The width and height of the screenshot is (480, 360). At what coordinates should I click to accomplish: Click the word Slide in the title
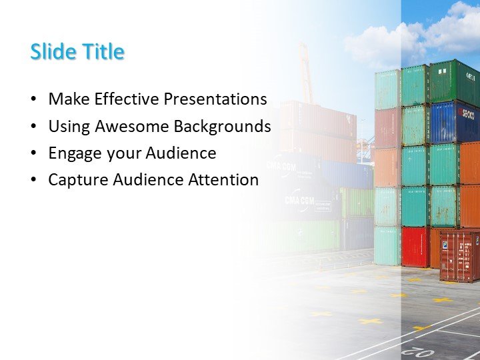pyautogui.click(x=52, y=52)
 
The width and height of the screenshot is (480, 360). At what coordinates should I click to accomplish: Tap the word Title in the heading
pyautogui.click(x=101, y=52)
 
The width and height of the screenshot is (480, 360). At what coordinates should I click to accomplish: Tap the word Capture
pyautogui.click(x=75, y=180)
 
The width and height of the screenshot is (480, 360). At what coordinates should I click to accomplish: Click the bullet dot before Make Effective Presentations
pyautogui.click(x=34, y=100)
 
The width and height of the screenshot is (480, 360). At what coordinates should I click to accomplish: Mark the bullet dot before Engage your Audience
pyautogui.click(x=34, y=154)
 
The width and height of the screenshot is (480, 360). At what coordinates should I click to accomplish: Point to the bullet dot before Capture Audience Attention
pyautogui.click(x=34, y=181)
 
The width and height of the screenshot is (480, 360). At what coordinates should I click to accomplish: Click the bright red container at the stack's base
pyautogui.click(x=414, y=247)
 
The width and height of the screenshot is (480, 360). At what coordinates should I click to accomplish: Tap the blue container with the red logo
pyautogui.click(x=453, y=121)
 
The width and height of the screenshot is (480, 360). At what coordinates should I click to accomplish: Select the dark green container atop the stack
pyautogui.click(x=453, y=81)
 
